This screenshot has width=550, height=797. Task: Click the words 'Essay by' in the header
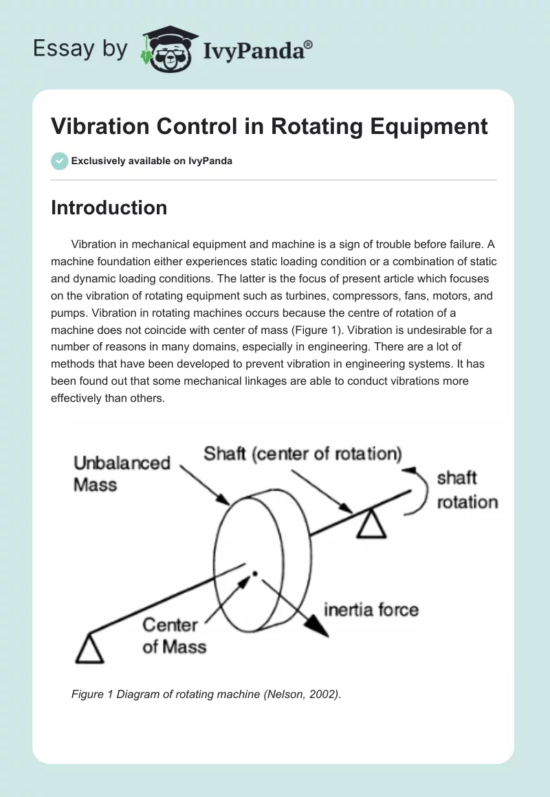(80, 49)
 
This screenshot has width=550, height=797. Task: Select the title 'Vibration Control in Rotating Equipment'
(269, 126)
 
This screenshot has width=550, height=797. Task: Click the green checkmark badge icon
(59, 161)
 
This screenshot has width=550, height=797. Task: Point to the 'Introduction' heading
(109, 207)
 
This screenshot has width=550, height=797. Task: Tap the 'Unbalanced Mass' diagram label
(122, 473)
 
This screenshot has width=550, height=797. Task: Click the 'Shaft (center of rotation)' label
(302, 454)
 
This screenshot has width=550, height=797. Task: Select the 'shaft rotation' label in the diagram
(467, 490)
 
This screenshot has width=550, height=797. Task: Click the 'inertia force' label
(371, 609)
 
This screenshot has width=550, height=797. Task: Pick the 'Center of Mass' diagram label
(174, 636)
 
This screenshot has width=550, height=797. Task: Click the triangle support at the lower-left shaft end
(89, 649)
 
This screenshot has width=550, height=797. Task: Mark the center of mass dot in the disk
(255, 573)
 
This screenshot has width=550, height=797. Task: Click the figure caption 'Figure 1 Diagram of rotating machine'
(206, 695)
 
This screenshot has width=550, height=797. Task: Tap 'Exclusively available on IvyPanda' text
(152, 161)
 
